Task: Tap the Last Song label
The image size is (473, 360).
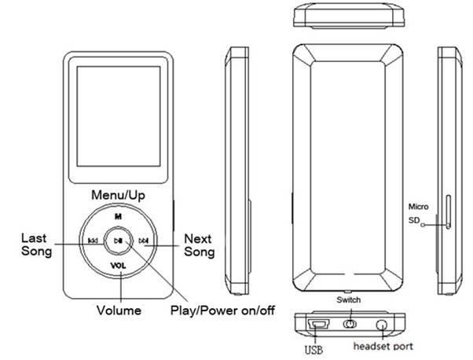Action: (36, 244)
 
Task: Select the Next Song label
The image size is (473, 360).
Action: (199, 244)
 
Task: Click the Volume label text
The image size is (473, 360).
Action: (119, 310)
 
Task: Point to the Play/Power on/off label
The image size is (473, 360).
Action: (222, 310)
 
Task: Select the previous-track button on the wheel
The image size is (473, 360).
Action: (93, 241)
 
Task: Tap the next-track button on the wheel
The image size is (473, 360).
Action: (143, 241)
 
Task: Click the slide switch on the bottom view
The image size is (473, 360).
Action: (350, 325)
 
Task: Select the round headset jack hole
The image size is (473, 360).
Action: (383, 325)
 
